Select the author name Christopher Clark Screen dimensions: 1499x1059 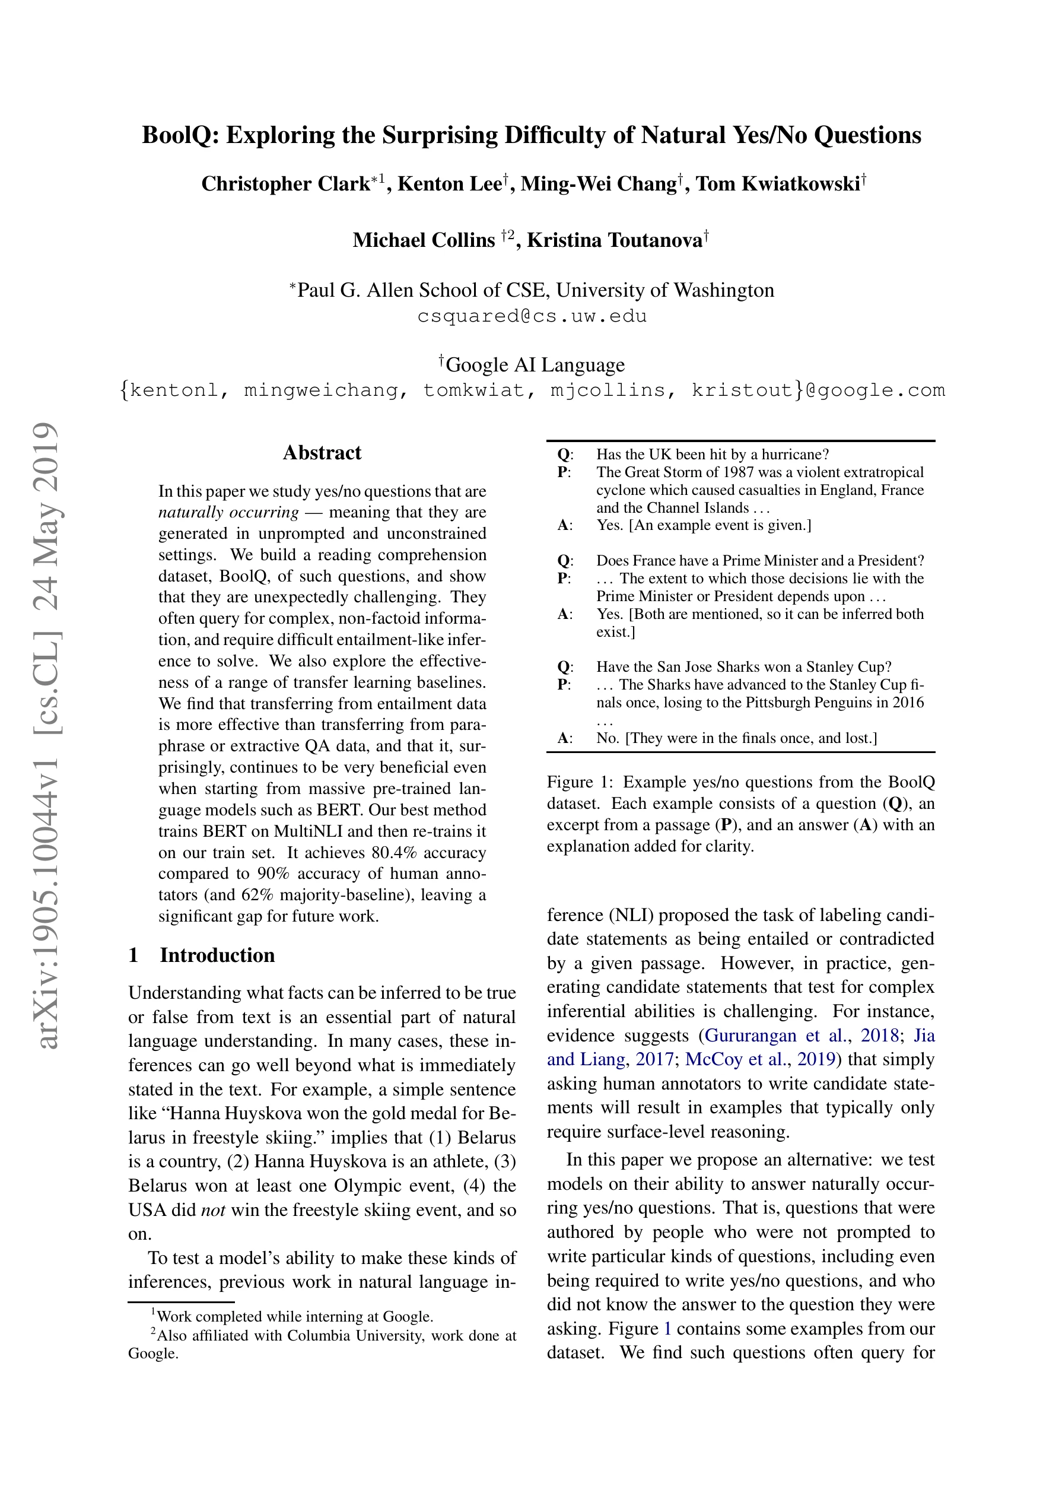[285, 184]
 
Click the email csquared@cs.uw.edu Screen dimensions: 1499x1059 [532, 317]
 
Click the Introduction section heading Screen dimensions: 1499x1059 [217, 955]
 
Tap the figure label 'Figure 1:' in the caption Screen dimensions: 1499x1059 [579, 782]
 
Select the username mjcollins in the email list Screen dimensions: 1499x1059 [606, 390]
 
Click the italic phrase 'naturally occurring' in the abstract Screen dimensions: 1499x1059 [228, 513]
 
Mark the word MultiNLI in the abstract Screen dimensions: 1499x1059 [309, 831]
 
